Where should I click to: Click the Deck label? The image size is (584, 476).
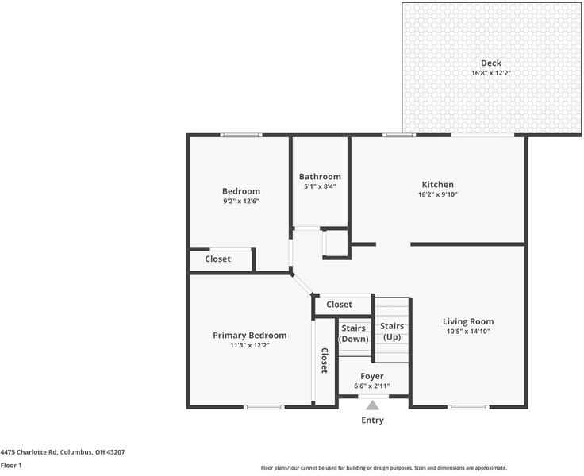[x=491, y=63]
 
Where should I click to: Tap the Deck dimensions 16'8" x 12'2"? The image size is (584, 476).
[x=491, y=73]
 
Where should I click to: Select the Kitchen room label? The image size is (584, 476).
[x=437, y=185]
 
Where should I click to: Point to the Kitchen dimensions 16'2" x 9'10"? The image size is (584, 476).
[x=437, y=194]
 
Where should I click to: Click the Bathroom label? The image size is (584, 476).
[x=320, y=177]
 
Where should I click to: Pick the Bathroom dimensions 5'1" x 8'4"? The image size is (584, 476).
[x=320, y=186]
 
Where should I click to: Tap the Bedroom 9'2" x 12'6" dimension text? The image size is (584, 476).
[x=240, y=201]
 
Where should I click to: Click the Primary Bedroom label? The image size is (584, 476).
[x=250, y=336]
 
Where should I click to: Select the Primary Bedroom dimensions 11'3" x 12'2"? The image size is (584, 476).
[x=250, y=345]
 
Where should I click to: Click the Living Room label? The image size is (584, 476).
[x=468, y=321]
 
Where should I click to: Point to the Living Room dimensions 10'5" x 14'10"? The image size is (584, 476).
[x=468, y=331]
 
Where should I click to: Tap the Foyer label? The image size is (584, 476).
[x=371, y=376]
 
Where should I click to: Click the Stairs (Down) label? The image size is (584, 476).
[x=353, y=333]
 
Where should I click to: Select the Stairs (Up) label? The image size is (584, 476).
[x=392, y=332]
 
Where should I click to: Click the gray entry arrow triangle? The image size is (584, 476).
[x=372, y=405]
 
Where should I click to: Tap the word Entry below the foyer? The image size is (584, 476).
[x=372, y=420]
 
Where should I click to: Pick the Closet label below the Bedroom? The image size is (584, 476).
[x=218, y=259]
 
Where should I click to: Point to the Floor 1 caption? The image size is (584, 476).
[x=11, y=466]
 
